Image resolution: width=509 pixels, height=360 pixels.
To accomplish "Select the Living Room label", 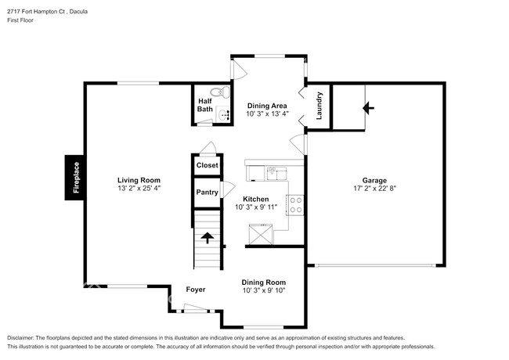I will click(x=139, y=180).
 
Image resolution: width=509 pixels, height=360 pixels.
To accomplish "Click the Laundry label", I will click(x=319, y=106).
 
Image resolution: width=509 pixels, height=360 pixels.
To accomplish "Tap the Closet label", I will click(x=207, y=165).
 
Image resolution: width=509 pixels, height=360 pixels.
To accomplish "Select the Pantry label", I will click(x=207, y=192).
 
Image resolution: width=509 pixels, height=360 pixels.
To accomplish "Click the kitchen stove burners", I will click(x=296, y=205).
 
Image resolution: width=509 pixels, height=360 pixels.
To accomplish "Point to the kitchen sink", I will click(x=273, y=169).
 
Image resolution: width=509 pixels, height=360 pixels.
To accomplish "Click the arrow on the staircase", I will click(x=207, y=236).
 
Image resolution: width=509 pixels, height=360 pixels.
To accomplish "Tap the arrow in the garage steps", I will click(x=367, y=108).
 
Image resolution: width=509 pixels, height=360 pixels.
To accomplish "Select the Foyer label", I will click(x=196, y=290).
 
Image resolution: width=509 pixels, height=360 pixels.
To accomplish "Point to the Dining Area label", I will click(x=266, y=106).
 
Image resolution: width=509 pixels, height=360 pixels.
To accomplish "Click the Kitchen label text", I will click(x=256, y=199).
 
